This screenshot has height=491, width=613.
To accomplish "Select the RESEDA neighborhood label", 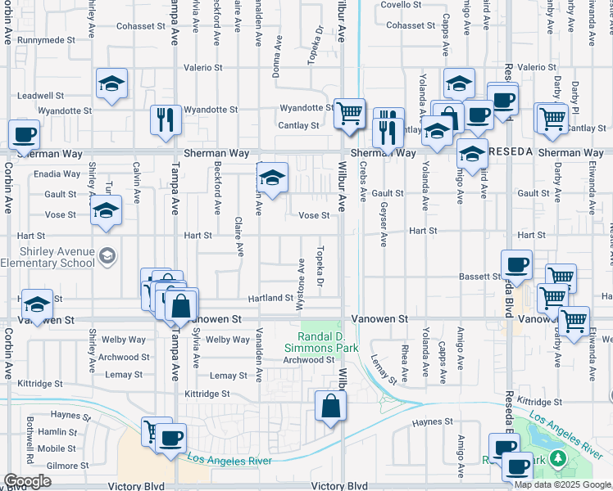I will click(511, 152).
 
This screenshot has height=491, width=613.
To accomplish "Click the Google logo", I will click(27, 481).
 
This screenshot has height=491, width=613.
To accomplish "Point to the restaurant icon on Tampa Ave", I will click(166, 119).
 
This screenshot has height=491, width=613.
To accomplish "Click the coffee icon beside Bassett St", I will click(516, 265).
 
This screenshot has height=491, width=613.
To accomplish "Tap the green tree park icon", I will click(559, 458).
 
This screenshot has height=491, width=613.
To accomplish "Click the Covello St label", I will click(401, 5).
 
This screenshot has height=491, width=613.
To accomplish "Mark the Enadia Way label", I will click(57, 174).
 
